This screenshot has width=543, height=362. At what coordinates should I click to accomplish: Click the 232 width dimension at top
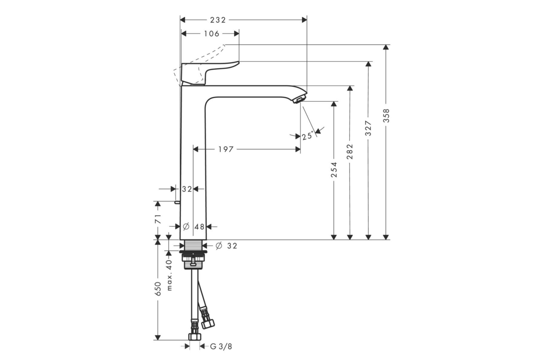pyautogui.click(x=218, y=20)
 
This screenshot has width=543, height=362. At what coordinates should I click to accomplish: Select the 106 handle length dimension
pyautogui.click(x=211, y=33)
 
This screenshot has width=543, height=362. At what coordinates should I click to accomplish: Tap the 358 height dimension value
pyautogui.click(x=386, y=115)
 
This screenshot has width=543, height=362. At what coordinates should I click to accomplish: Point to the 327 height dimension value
pyautogui.click(x=368, y=128)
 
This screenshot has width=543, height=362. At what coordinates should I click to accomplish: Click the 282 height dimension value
pyautogui.click(x=350, y=151)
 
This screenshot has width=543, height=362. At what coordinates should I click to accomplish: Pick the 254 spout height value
pyautogui.click(x=334, y=170)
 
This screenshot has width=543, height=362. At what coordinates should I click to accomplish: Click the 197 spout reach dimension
pyautogui.click(x=226, y=149)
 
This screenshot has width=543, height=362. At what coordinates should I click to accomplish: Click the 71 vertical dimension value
pyautogui.click(x=158, y=219)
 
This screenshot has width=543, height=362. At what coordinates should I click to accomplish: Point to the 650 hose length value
pyautogui.click(x=158, y=289)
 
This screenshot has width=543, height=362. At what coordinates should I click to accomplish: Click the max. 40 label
pyautogui.click(x=169, y=275)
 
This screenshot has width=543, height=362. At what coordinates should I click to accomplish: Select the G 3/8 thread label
pyautogui.click(x=221, y=347)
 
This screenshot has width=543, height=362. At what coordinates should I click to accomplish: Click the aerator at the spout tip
pyautogui.click(x=300, y=100)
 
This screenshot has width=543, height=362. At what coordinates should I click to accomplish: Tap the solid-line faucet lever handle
pyautogui.click(x=210, y=73)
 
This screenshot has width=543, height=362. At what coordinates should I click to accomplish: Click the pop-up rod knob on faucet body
pyautogui.click(x=177, y=202)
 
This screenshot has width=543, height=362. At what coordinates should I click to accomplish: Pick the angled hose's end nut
pyautogui.click(x=208, y=324)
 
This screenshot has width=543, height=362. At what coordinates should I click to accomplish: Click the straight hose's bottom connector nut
pyautogui.click(x=195, y=337)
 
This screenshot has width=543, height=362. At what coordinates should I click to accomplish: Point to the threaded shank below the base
pyautogui.click(x=194, y=245)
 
